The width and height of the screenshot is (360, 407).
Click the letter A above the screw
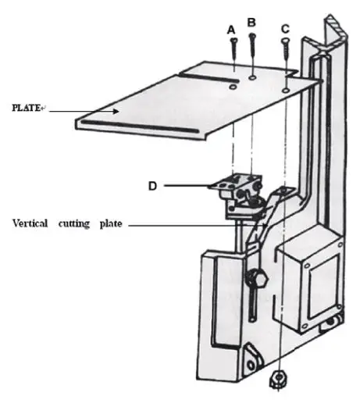(x=231, y=29)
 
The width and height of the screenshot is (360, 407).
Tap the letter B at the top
(x=251, y=22)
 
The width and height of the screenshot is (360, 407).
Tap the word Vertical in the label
(x=33, y=223)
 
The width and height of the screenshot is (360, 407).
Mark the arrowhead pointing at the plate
(x=116, y=111)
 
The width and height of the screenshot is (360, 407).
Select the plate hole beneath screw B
(x=255, y=78)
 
